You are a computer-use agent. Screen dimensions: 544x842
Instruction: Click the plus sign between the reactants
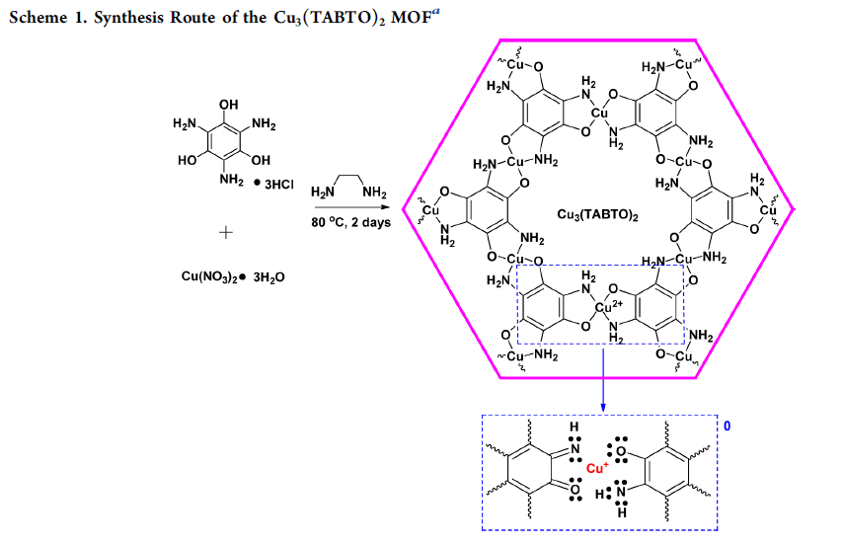[x=226, y=233]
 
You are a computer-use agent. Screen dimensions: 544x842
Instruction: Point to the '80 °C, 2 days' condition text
[x=352, y=222]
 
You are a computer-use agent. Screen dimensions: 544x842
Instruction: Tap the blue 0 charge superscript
[x=727, y=427]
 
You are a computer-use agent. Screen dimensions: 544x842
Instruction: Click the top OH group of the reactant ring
[x=228, y=105]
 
